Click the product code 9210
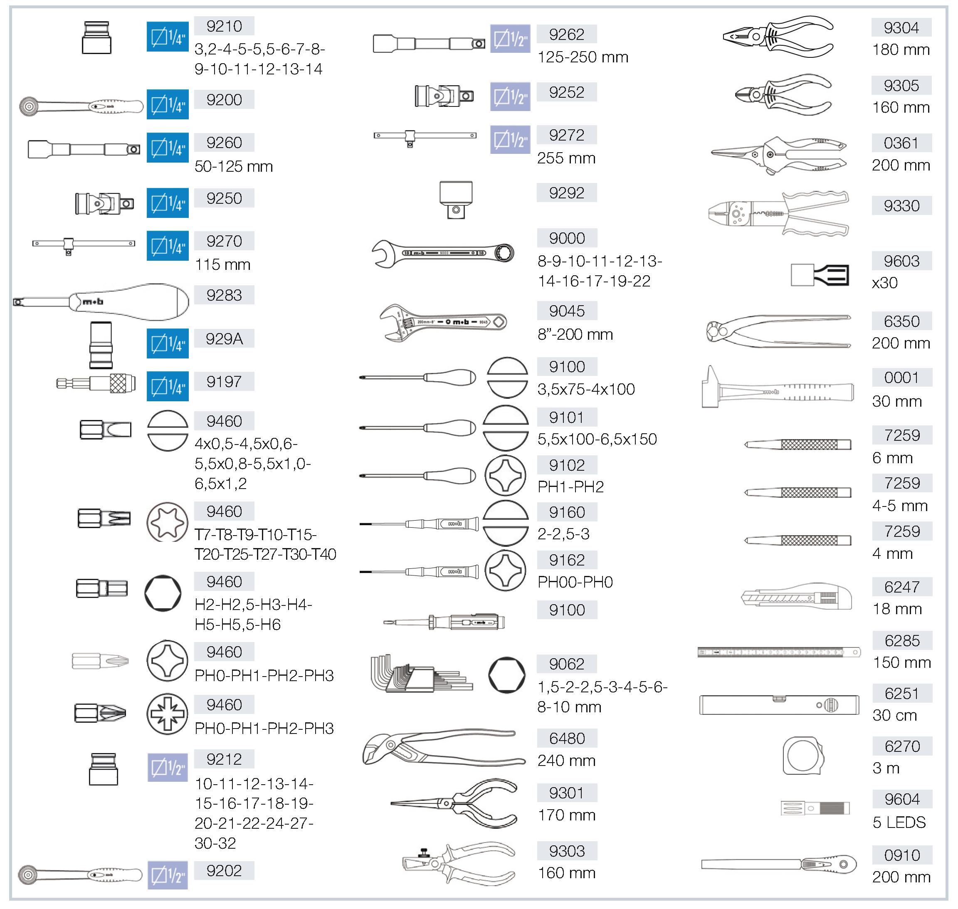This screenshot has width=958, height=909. [224, 26]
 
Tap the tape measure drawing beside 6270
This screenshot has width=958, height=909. [802, 756]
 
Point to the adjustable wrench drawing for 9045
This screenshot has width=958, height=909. [442, 322]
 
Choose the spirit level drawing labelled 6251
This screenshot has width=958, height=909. [779, 704]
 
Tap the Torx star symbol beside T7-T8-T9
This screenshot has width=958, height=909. [167, 522]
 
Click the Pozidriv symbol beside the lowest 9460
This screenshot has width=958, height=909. [167, 714]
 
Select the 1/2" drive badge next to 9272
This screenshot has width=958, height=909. [510, 140]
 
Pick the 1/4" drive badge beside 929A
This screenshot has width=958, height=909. [168, 343]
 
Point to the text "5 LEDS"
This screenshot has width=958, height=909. [899, 822]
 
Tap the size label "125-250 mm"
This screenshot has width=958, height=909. [583, 57]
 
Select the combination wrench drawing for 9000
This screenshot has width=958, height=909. [442, 253]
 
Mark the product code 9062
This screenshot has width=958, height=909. [566, 664]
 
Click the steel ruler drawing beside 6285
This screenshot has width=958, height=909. [779, 652]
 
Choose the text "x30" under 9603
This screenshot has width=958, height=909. [884, 282]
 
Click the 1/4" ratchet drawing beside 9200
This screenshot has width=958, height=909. [81, 106]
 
